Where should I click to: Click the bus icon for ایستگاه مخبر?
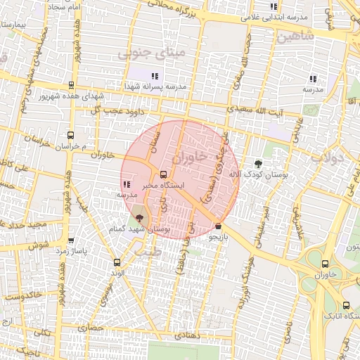tap(164, 174)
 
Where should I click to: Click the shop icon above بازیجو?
tap(219, 226)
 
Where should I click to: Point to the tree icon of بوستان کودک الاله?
tap(258, 164)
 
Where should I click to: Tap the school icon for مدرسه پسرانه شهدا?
tap(155, 75)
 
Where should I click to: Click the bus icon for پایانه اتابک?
tap(345, 305)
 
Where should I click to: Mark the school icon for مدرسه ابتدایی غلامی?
tap(274, 7)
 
